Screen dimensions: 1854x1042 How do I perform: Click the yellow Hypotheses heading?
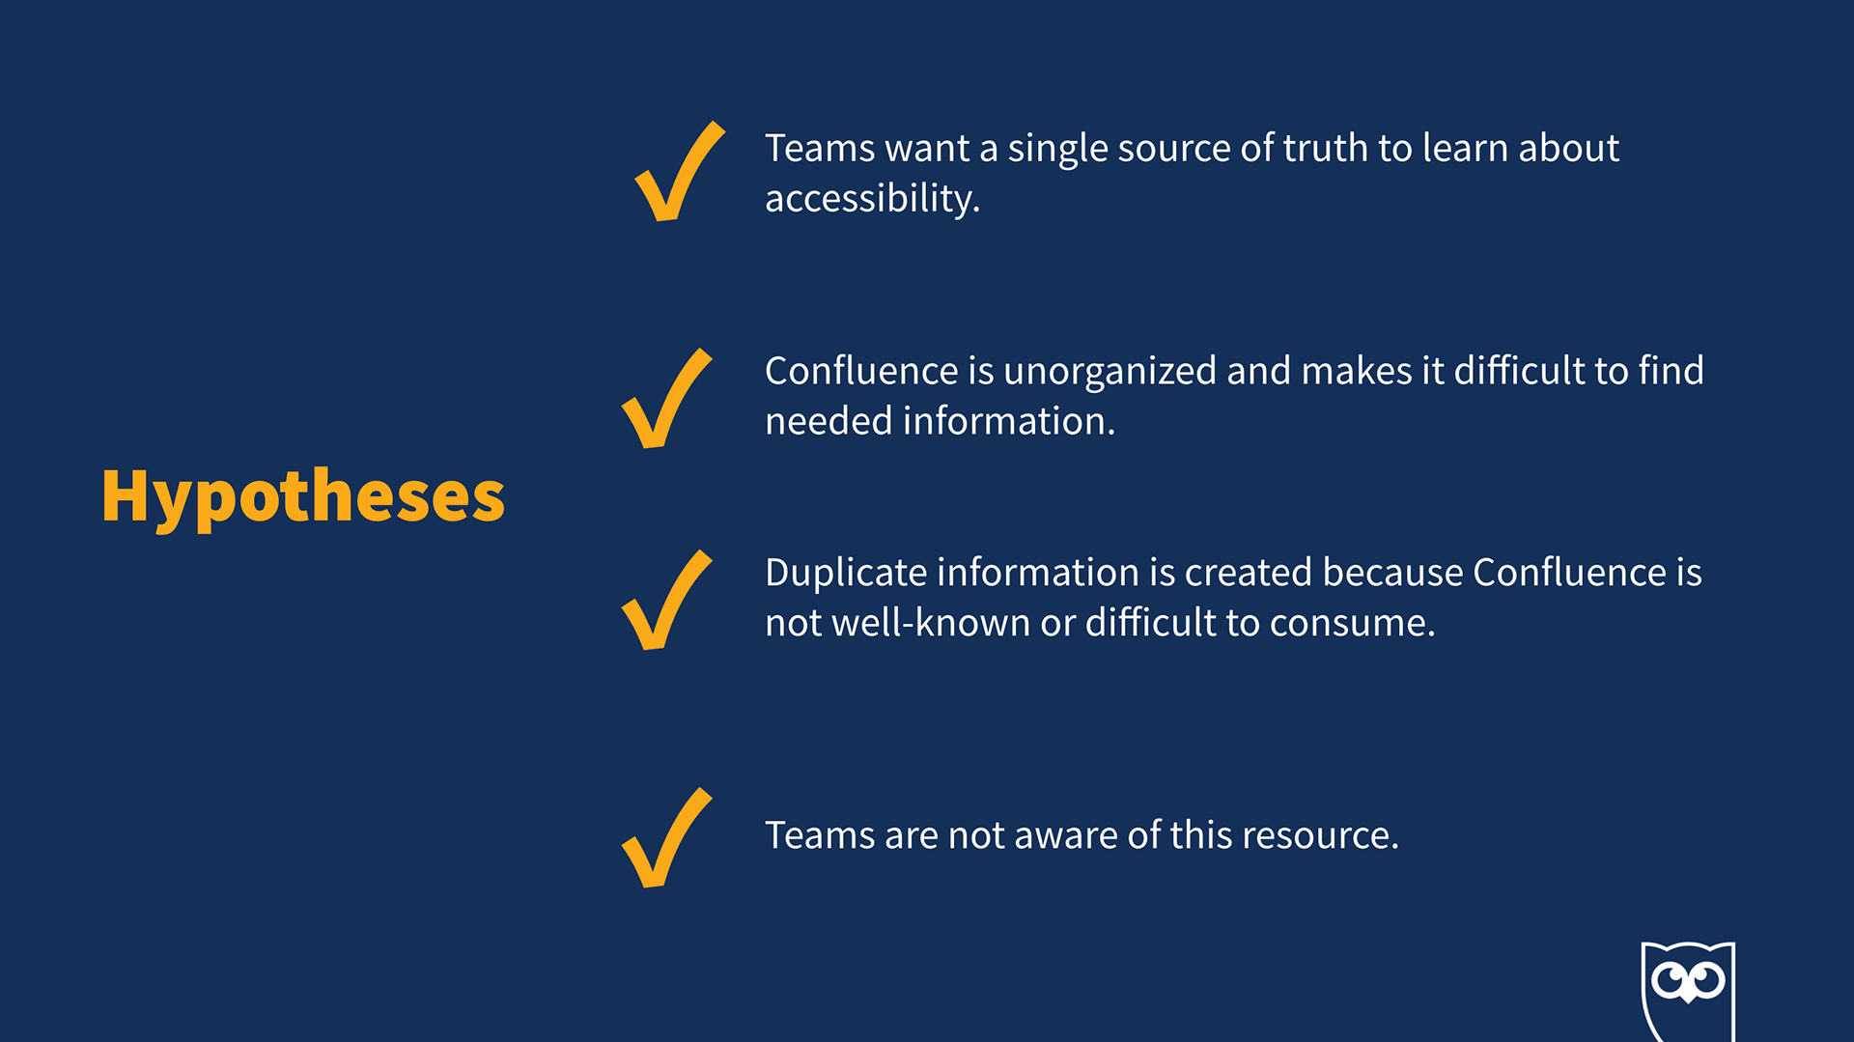303,497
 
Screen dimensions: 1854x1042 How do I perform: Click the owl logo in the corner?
1688,991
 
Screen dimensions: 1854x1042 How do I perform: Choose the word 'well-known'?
931,624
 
